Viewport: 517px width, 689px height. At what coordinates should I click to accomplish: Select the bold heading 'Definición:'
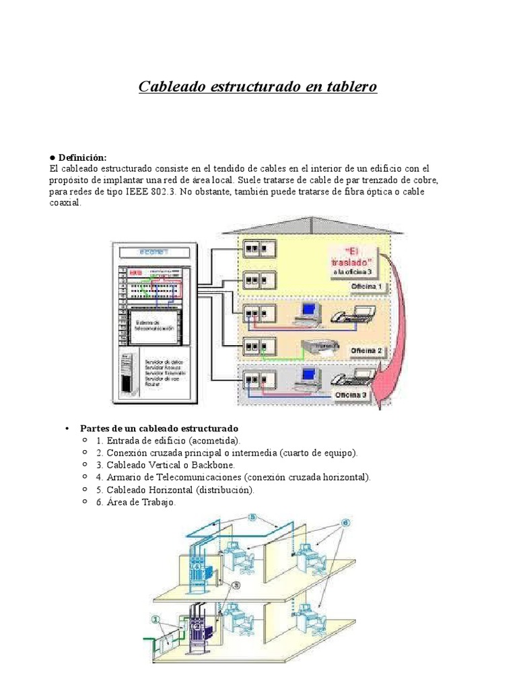82,157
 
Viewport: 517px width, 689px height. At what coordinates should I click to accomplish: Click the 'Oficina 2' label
367,351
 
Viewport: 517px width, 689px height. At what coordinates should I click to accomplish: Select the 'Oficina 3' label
351,396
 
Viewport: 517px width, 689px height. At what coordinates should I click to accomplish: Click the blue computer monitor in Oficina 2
309,310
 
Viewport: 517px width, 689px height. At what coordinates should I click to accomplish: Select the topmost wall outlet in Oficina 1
252,248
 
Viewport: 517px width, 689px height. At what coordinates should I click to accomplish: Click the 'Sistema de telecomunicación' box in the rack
154,326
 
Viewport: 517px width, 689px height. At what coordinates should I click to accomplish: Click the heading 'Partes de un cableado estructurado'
159,429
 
